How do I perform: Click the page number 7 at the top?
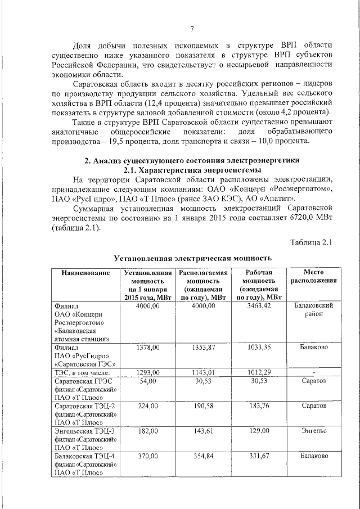192,29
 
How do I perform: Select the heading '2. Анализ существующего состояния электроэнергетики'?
192,160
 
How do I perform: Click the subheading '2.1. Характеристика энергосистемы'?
192,170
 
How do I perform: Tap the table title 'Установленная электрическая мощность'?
193,258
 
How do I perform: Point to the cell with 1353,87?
203,348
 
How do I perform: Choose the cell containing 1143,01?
203,372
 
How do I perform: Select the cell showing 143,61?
203,431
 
